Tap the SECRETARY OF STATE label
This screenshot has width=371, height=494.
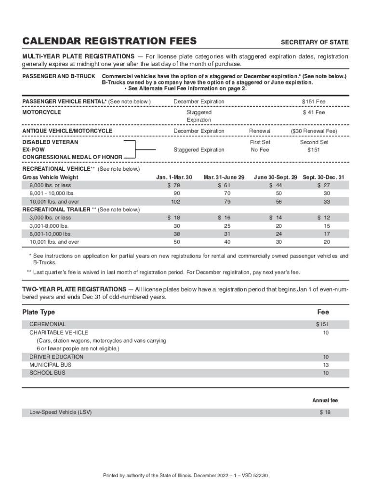315,42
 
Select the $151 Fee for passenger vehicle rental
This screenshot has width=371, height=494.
314,102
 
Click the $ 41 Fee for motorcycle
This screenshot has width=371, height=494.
314,112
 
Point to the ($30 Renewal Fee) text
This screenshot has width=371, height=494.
314,131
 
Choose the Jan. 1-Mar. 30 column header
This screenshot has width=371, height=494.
174,178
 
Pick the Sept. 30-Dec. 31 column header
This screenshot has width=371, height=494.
323,178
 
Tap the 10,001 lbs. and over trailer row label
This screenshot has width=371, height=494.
54,242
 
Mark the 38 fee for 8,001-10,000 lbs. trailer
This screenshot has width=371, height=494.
177,234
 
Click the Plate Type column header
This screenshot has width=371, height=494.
39,312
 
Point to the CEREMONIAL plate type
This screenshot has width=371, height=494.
47,325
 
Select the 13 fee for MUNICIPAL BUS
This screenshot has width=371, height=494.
326,365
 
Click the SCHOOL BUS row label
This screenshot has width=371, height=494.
47,373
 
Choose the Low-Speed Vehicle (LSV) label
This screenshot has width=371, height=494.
60,412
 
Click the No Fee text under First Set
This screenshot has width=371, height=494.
260,150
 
